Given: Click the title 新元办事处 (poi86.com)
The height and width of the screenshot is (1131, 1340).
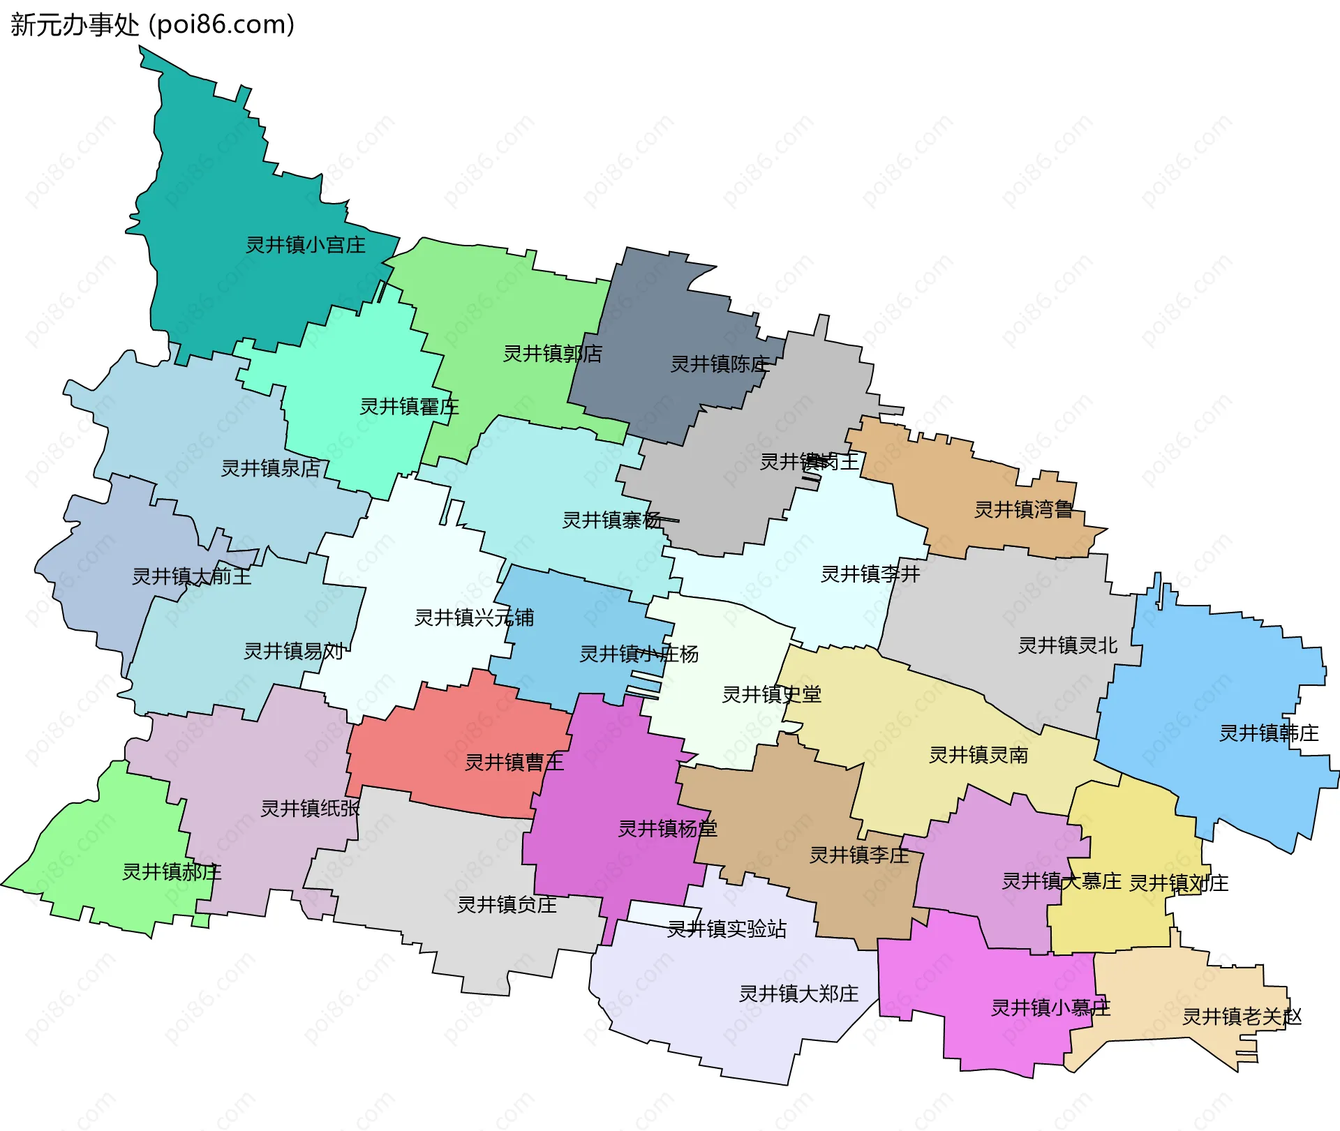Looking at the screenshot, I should point(152,25).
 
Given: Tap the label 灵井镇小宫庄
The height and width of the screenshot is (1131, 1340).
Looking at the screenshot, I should point(306,245).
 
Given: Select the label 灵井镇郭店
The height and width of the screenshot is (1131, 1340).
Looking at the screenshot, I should point(552,354).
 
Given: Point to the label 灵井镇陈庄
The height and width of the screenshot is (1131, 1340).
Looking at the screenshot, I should point(720,364).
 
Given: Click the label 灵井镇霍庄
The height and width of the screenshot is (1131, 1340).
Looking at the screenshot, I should point(409,407).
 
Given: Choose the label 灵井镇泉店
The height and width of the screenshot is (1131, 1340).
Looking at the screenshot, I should point(271,468).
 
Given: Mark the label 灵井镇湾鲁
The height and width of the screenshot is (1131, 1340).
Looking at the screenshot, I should point(1023,510).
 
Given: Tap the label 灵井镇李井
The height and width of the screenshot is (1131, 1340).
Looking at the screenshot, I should point(870,574).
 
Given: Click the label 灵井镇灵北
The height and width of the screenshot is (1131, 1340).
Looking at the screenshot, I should point(1068,645).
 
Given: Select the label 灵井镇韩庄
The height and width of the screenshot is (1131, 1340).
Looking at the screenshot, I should point(1269,733).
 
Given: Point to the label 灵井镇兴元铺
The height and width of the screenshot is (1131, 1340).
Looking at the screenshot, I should point(474,617).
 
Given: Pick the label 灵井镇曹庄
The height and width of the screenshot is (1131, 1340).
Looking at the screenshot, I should point(514,763).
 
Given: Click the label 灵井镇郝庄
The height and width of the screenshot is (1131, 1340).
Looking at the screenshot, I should point(172,872).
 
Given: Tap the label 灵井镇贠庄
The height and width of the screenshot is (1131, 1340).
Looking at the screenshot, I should point(507,905).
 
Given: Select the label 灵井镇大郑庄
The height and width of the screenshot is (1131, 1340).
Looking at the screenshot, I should point(798,994).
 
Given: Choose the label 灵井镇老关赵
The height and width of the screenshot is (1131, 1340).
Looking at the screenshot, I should point(1242,1017).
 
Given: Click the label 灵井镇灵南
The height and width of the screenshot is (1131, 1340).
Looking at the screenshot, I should point(978,755).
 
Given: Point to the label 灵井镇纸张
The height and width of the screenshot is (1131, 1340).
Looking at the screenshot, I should point(310,809).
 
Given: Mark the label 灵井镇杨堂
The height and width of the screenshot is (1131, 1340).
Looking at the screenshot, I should point(668,829).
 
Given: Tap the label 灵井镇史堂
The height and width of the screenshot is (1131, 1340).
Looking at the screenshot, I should point(771,694).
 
